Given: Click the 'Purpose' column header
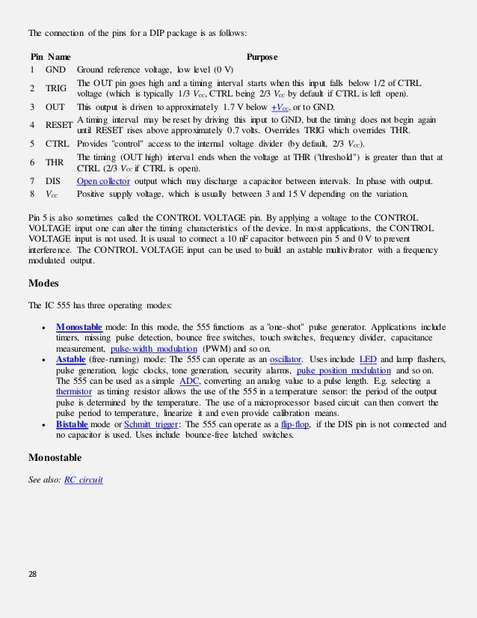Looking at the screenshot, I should (262, 56).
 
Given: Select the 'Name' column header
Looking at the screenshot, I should (60, 56).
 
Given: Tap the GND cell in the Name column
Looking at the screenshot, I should (57, 70).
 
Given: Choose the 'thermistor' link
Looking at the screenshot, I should (78, 391).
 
